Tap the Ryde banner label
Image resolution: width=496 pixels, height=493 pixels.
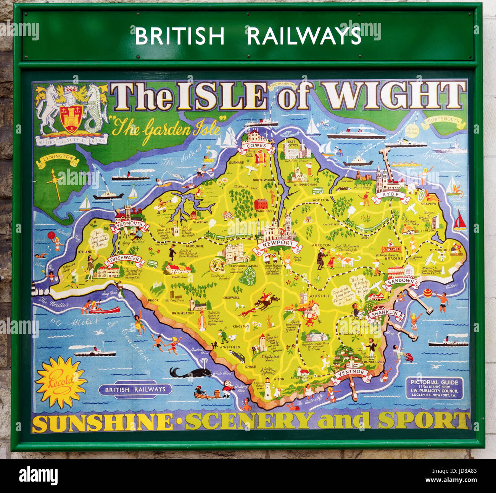390,195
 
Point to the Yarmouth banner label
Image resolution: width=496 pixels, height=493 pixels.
130,224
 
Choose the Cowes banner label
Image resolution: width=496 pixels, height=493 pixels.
256,146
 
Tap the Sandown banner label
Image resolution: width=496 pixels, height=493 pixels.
400,282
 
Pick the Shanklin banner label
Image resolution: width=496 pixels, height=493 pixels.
385,314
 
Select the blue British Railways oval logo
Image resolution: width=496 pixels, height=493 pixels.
135,390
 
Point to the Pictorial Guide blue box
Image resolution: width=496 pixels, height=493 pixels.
434,388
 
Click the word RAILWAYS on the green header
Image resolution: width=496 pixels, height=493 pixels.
304,36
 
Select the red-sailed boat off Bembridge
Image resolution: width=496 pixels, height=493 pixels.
460,221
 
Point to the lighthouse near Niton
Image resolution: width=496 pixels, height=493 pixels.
268,388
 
